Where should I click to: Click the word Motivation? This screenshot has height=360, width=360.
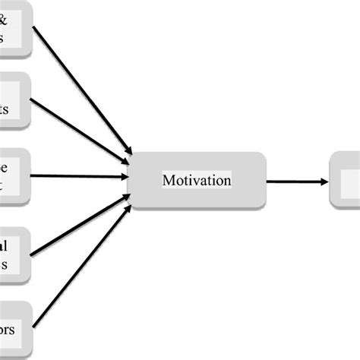coord(197,181)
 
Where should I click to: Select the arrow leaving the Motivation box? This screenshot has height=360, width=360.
coord(296,182)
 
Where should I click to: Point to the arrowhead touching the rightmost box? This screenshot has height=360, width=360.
coord(324,182)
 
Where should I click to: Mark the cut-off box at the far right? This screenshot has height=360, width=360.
coord(346,180)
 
